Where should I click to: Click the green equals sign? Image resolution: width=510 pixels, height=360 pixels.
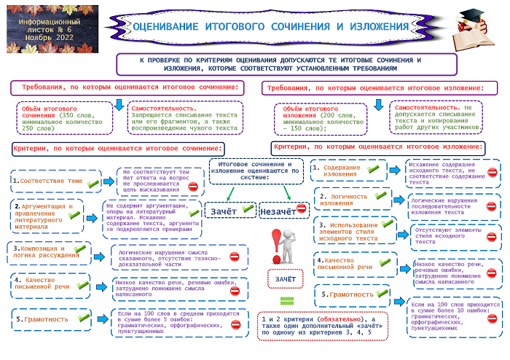click(x=286, y=300)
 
